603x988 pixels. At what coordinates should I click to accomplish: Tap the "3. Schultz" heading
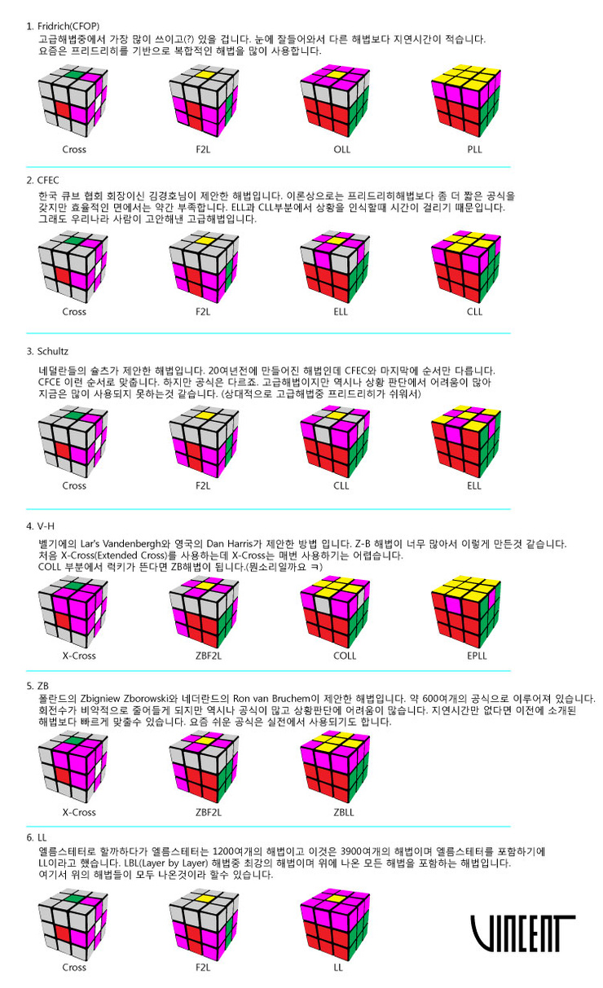(49, 351)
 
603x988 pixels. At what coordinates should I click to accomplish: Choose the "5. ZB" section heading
(39, 686)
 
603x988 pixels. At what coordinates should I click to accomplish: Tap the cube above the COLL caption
(335, 607)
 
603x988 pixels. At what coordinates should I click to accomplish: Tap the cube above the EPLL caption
(464, 607)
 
